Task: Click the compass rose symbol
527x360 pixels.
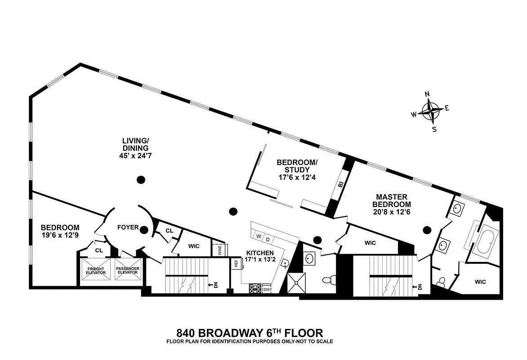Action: pos(431,110)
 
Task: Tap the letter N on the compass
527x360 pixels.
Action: pos(427,94)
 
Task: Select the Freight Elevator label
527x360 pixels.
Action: pos(95,271)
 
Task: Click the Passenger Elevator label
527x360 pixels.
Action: pos(128,271)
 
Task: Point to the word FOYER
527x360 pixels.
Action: pos(128,228)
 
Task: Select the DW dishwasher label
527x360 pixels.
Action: pos(267,290)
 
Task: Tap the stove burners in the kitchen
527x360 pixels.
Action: pos(255,288)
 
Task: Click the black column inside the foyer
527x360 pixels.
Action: pos(144,230)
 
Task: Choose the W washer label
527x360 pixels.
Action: pos(259,235)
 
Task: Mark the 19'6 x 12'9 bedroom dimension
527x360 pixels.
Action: pos(60,235)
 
